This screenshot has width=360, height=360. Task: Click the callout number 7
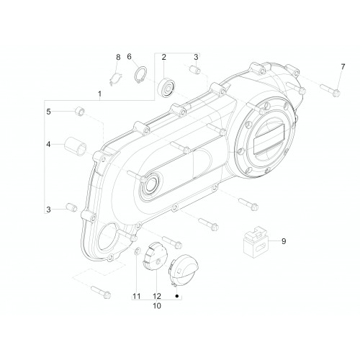[x=343, y=67]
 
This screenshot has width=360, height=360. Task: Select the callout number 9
[x=284, y=241]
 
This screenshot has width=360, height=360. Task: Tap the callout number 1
[x=99, y=94]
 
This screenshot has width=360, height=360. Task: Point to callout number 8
[x=118, y=57]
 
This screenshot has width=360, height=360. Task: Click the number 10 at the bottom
[x=157, y=306]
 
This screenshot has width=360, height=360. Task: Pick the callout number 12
[x=157, y=296]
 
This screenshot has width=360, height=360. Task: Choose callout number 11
[x=137, y=296]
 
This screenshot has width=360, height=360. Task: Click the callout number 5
[x=49, y=112]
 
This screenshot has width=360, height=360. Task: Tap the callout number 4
[x=49, y=145]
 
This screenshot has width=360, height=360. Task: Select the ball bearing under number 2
[x=166, y=87]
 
